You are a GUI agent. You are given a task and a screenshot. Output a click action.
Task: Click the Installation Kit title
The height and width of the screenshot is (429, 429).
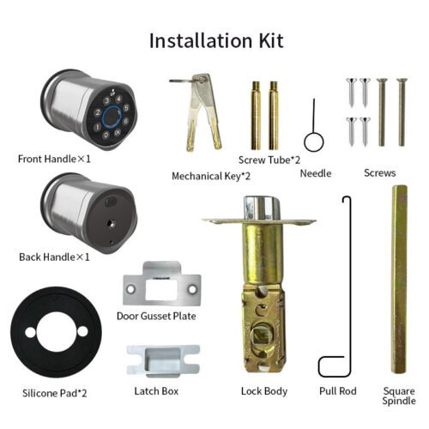pos(215,39)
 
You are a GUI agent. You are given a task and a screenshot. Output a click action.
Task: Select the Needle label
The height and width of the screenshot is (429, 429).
pos(316,172)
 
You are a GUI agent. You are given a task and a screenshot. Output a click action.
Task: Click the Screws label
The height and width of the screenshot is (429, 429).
pos(379,172)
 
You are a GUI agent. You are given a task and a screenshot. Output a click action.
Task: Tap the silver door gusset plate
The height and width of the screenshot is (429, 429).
pos(162,288)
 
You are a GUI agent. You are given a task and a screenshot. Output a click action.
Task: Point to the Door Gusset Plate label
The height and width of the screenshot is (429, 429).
pos(156,316)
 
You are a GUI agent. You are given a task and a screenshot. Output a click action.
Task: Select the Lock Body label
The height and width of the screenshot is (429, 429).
pos(263,391)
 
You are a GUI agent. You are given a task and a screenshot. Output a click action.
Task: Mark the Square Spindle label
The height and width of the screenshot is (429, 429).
pos(398,396)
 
